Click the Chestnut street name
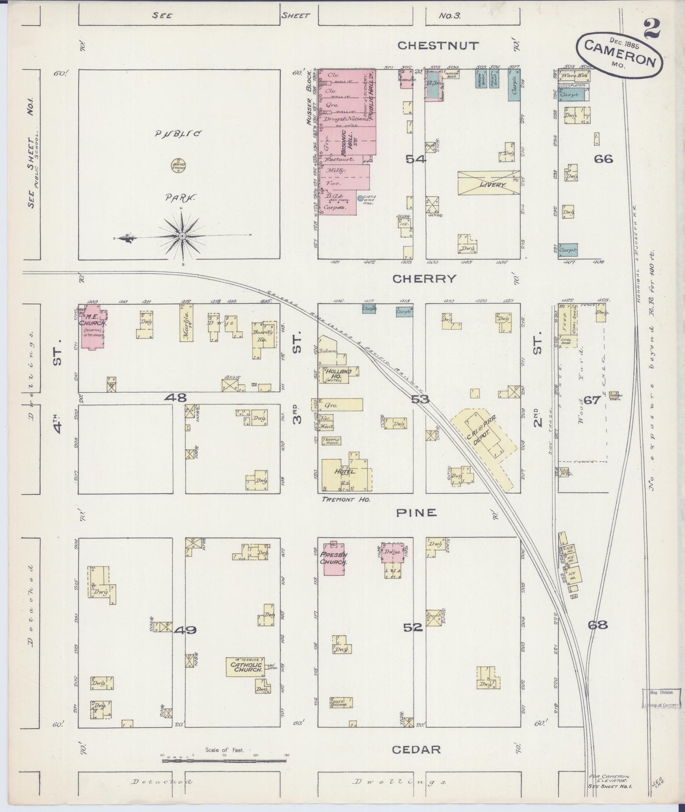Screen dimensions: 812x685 (438, 45)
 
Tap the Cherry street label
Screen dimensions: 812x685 (424, 279)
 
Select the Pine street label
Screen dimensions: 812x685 (416, 513)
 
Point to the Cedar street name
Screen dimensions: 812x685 (416, 749)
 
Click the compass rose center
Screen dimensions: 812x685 (183, 236)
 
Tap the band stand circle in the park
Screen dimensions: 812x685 (178, 165)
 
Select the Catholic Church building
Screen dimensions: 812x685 (246, 667)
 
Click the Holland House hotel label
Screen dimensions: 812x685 (338, 374)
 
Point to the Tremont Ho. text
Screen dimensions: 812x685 (346, 499)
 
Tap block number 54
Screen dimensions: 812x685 (416, 160)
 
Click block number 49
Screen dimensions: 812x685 (185, 630)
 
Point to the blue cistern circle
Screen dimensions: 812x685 (360, 198)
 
